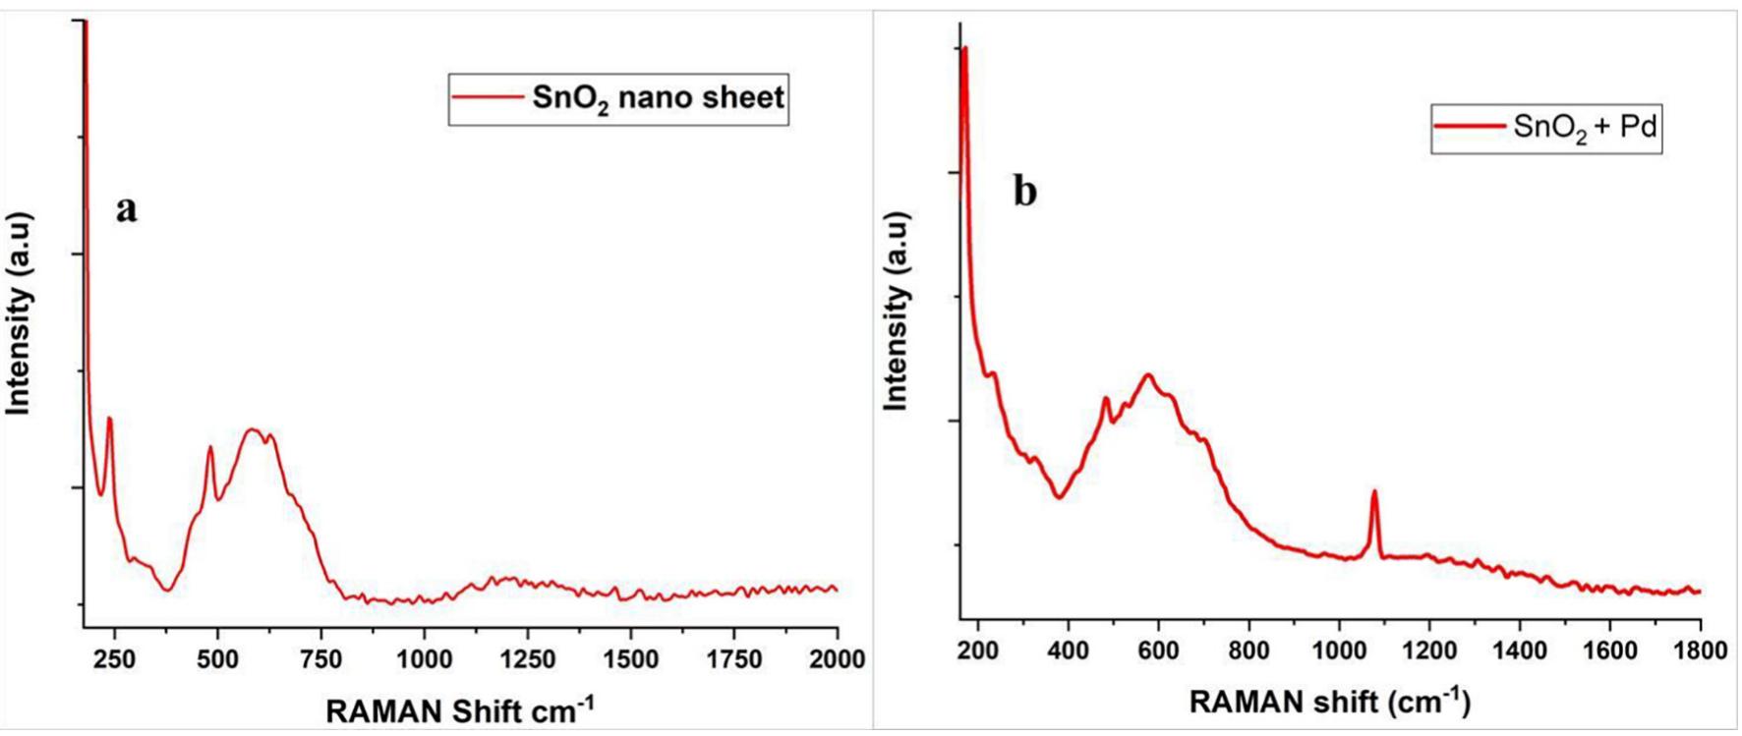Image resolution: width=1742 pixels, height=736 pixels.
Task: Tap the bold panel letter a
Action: tap(127, 208)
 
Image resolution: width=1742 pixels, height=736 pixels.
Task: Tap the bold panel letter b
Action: tap(1024, 192)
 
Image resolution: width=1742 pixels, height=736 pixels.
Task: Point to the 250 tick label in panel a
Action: tap(114, 659)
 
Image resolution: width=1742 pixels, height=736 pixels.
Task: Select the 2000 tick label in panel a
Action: tap(836, 659)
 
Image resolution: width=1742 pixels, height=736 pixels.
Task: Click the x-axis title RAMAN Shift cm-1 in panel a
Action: tap(459, 710)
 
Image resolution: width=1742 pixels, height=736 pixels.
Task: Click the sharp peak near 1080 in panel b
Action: tap(1374, 493)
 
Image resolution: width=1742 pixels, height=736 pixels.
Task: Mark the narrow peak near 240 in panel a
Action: tap(109, 420)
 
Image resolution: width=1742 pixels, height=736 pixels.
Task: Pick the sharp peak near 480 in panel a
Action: tap(209, 449)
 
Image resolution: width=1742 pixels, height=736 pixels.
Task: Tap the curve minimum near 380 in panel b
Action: tap(1059, 496)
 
